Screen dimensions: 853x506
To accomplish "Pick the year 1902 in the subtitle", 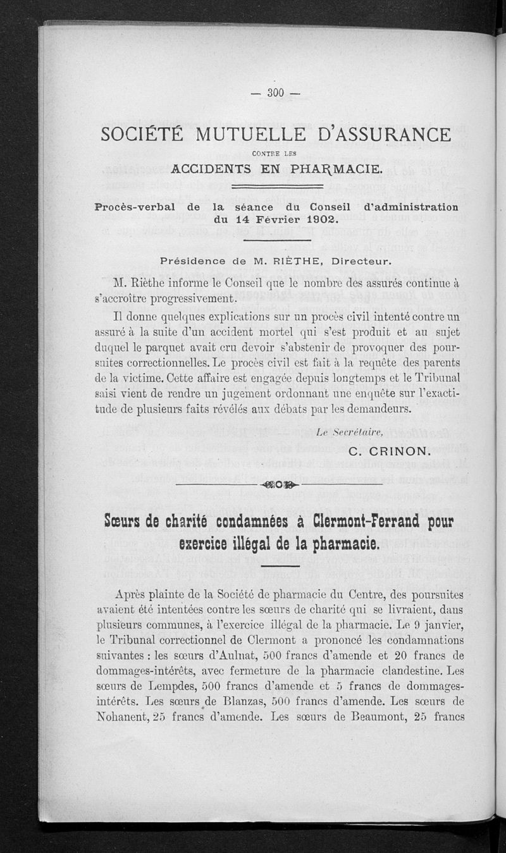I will tap(316, 221).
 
